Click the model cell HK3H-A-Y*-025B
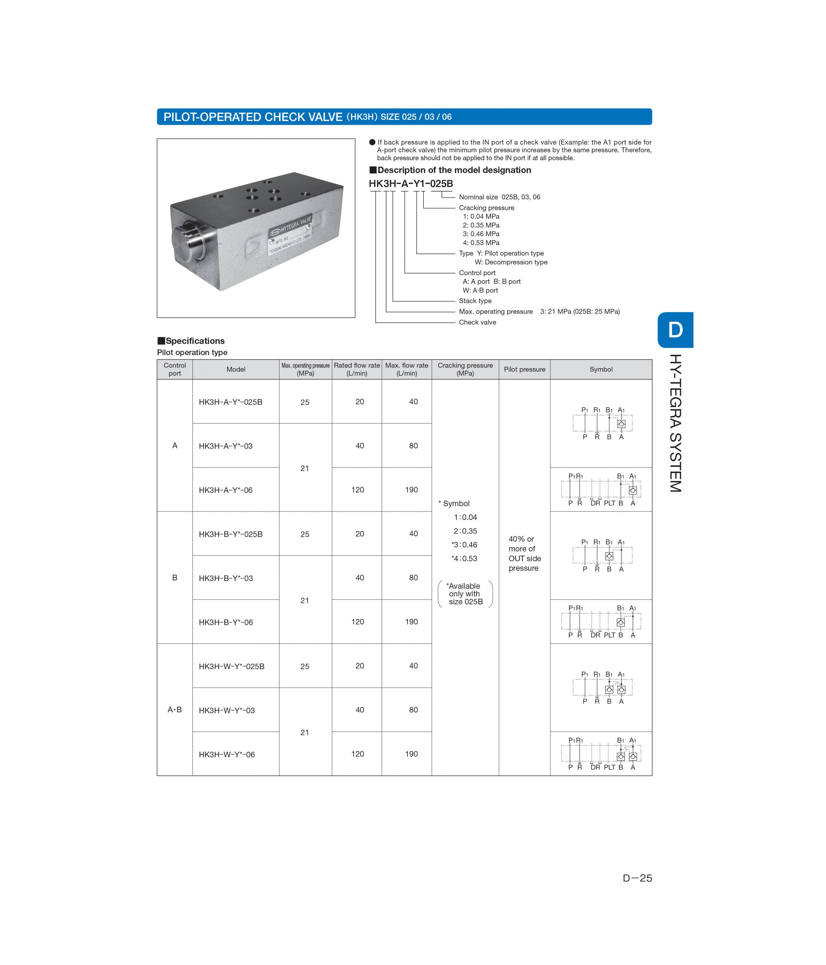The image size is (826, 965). [x=231, y=402]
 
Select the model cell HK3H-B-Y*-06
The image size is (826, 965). [x=226, y=622]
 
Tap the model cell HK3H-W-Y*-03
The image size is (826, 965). [x=227, y=710]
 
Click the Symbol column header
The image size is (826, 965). [x=601, y=369]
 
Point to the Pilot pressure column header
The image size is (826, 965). [x=524, y=369]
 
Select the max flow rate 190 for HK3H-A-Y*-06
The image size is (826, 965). [x=411, y=490]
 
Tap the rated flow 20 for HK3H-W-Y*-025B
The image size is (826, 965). [x=359, y=666]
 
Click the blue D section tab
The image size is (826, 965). [x=675, y=330]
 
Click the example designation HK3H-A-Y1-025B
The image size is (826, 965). [x=411, y=184]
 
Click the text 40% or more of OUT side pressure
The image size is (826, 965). [x=524, y=553]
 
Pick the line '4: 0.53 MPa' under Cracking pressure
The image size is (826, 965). [x=481, y=243]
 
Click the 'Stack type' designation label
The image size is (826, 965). [x=475, y=301]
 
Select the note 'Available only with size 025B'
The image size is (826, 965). [x=465, y=594]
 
